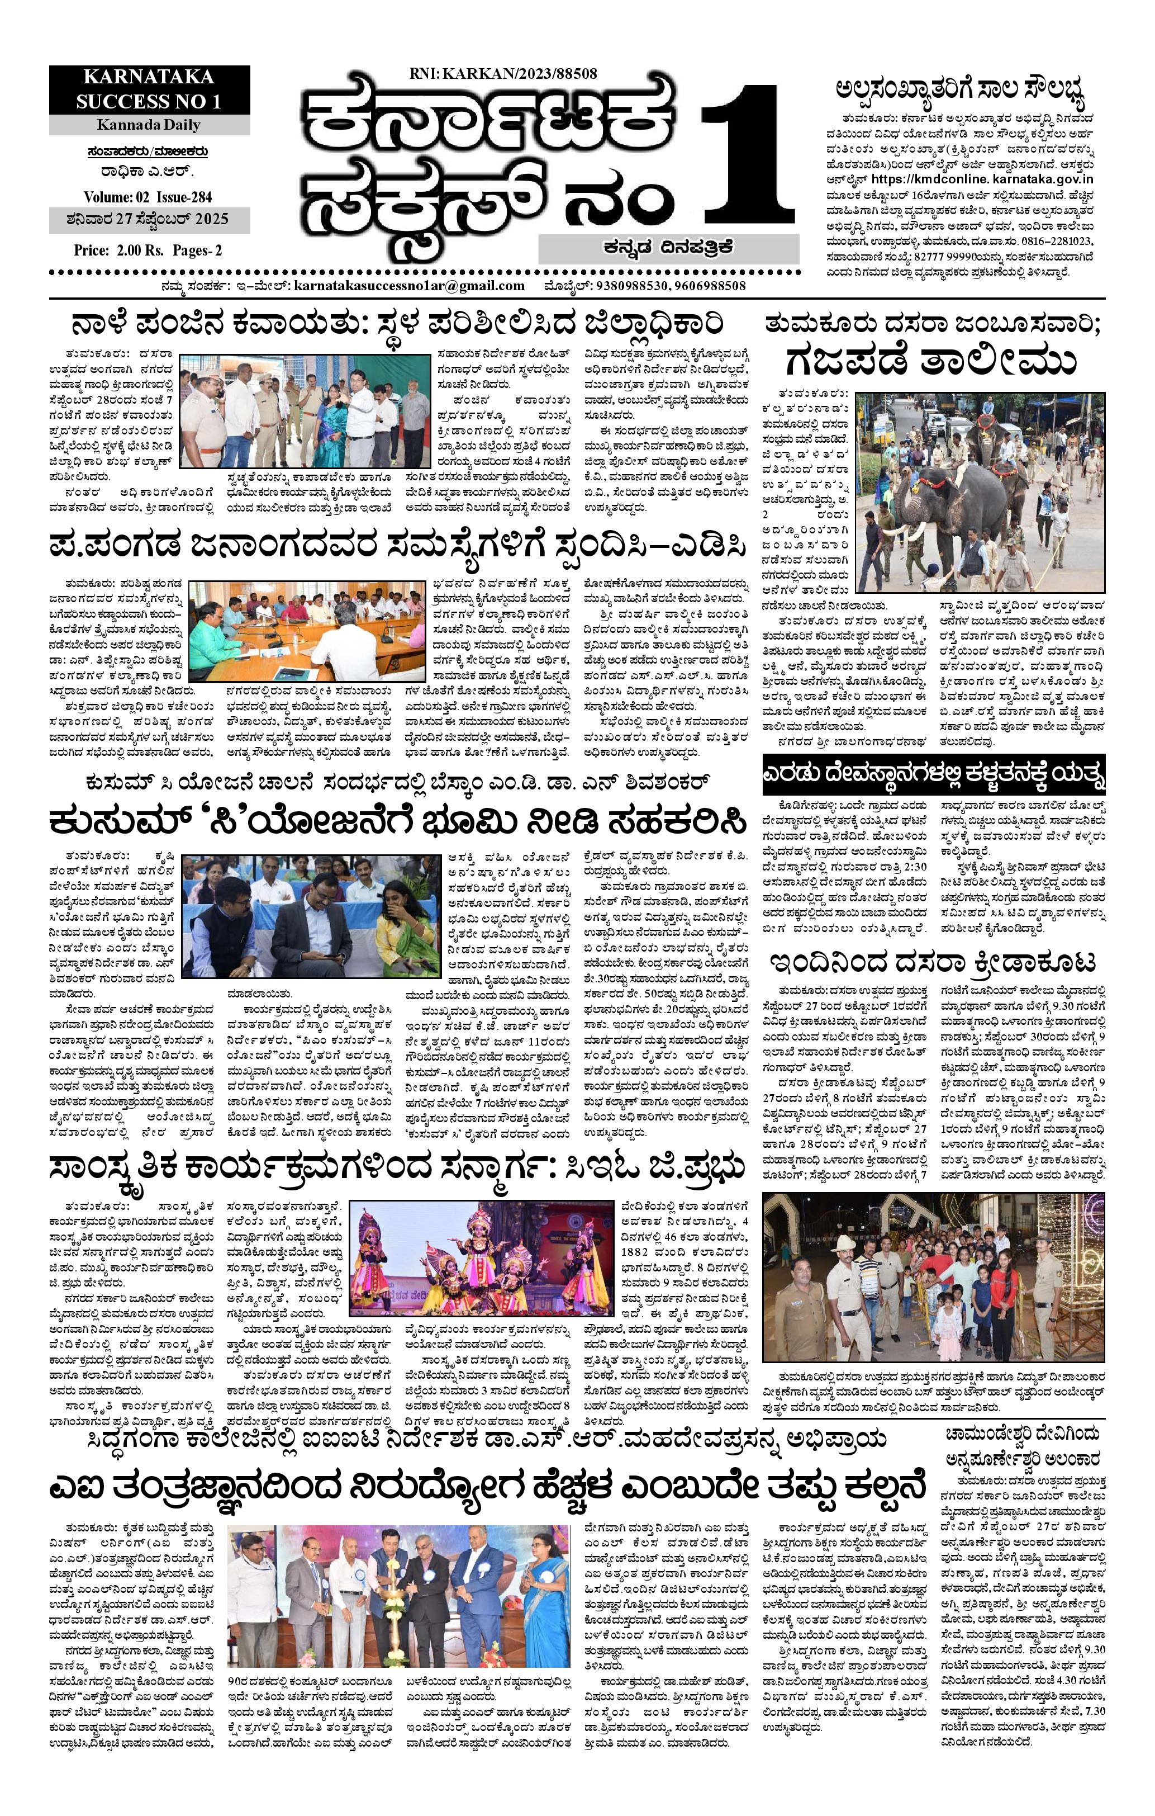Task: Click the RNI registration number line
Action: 503,74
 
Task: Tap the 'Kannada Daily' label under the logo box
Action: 149,125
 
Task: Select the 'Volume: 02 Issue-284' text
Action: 148,197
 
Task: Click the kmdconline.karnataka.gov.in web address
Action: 982,179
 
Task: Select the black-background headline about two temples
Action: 933,775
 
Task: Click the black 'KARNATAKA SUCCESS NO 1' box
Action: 149,90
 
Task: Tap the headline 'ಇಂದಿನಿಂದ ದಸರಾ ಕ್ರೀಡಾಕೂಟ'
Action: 933,963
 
